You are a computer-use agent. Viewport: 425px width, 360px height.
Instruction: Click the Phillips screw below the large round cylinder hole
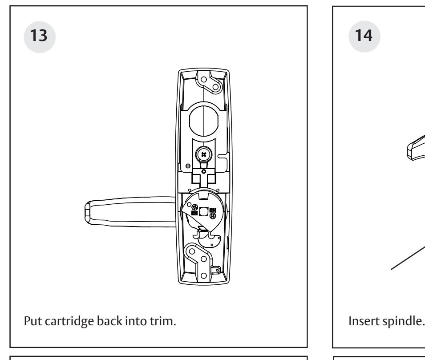[x=203, y=155]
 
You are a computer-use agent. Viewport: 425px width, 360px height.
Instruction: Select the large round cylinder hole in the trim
[x=203, y=120]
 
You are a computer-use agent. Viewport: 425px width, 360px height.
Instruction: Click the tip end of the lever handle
[x=87, y=211]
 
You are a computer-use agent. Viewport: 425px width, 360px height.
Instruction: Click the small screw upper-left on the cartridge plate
[x=191, y=206]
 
